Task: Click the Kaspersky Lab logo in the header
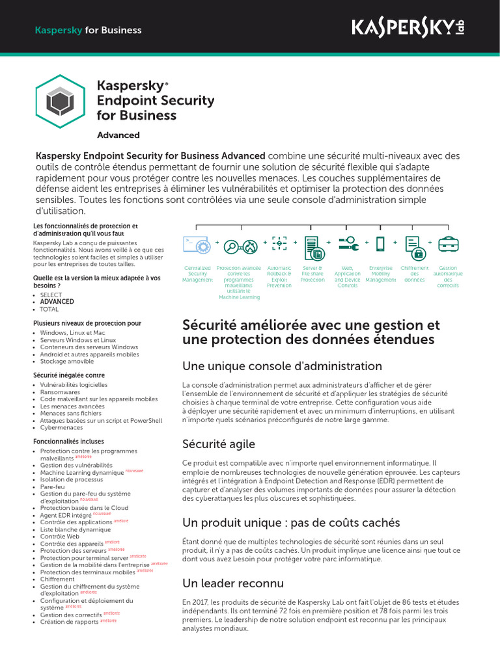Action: pyautogui.click(x=408, y=28)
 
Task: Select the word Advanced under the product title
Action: pyautogui.click(x=118, y=135)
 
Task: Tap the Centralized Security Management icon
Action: pyautogui.click(x=197, y=245)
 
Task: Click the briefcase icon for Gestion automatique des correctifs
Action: pyautogui.click(x=448, y=245)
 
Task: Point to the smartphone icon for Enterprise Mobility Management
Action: pyautogui.click(x=380, y=245)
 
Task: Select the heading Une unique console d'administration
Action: pyautogui.click(x=282, y=366)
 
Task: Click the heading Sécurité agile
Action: pyautogui.click(x=219, y=444)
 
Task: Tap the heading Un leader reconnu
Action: pyautogui.click(x=232, y=583)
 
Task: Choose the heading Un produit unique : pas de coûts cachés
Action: pyautogui.click(x=291, y=523)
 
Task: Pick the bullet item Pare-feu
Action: pyautogui.click(x=52, y=486)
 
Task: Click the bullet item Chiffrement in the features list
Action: pyautogui.click(x=57, y=579)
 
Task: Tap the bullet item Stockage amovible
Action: pyautogui.click(x=68, y=361)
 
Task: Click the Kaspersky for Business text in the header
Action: pyautogui.click(x=87, y=30)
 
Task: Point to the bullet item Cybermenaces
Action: pyautogui.click(x=62, y=428)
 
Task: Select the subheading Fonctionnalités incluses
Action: pyautogui.click(x=68, y=441)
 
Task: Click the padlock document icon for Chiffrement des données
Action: pyautogui.click(x=414, y=245)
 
